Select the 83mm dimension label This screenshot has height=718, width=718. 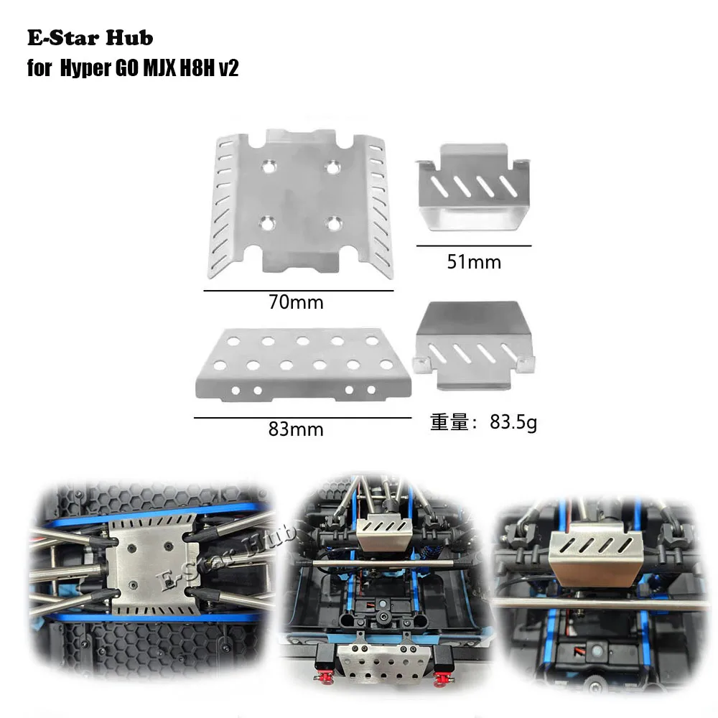(x=296, y=429)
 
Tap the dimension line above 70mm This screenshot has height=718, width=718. (x=299, y=290)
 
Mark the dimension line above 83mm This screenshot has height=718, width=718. (x=302, y=417)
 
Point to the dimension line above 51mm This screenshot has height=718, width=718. (x=472, y=246)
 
